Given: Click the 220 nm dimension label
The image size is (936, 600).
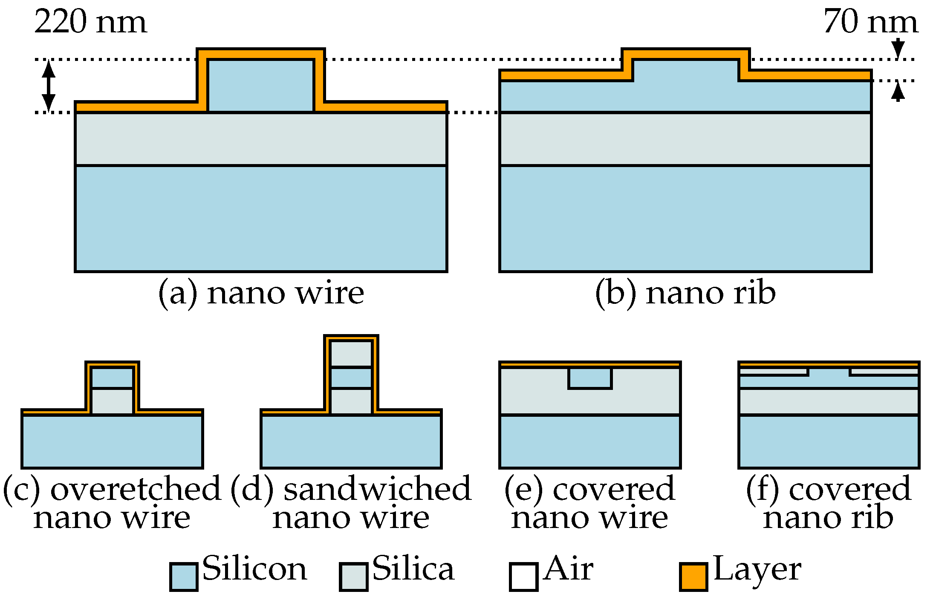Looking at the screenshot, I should tap(90, 22).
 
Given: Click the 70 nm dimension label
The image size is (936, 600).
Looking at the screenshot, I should tap(870, 22).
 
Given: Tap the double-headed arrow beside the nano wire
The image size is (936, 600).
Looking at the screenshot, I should tap(48, 86).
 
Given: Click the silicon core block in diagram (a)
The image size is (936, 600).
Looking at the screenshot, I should tap(260, 86).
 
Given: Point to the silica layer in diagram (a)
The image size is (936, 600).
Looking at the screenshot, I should tap(260, 138).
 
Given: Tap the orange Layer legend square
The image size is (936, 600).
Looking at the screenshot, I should tap(693, 577).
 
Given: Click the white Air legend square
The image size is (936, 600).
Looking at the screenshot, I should tap(523, 577).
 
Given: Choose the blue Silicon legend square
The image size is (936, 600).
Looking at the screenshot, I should tap(184, 577).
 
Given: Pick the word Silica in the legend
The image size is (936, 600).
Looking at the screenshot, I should tap(413, 568).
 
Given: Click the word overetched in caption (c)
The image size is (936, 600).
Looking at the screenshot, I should tap(136, 489).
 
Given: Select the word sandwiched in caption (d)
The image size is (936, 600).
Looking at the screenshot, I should tap(377, 489).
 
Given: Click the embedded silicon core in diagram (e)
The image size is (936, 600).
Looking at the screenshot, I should tap(590, 378).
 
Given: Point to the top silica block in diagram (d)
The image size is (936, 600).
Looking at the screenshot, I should tap(351, 354).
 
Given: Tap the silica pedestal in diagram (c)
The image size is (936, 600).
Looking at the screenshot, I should tap(112, 401).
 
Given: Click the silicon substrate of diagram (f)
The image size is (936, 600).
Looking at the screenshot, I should tap(829, 441).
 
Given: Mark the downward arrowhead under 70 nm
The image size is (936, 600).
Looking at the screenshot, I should tap(898, 48).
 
